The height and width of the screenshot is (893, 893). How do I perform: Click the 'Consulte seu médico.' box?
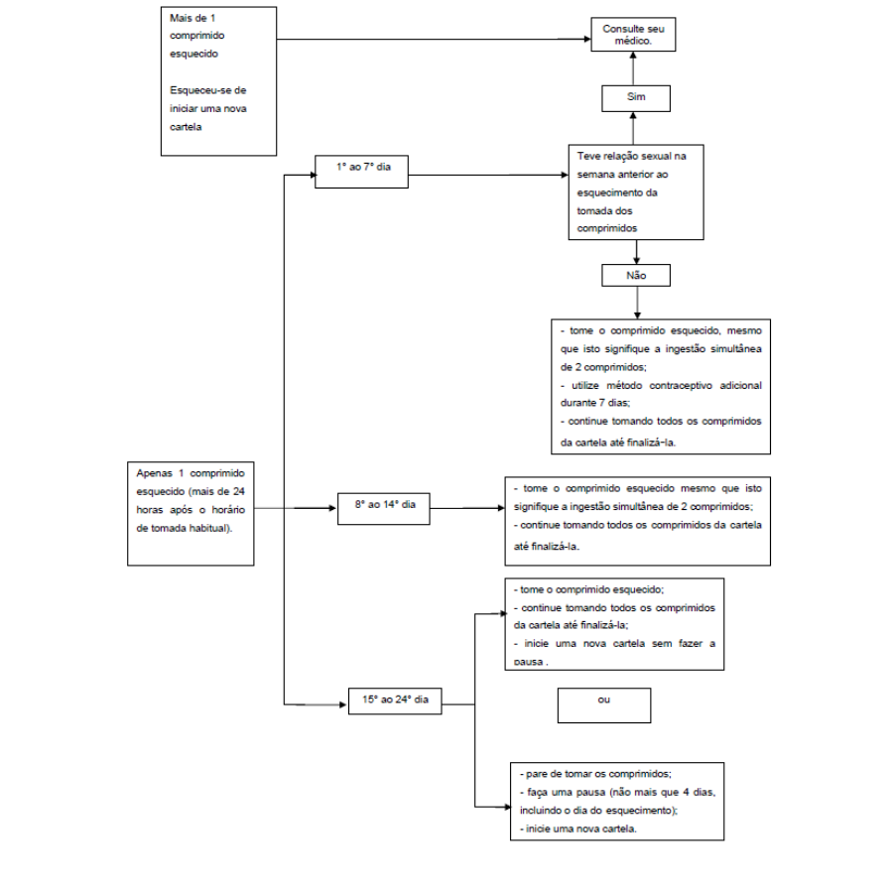pyautogui.click(x=633, y=34)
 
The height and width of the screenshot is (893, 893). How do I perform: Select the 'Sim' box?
pyautogui.click(x=636, y=98)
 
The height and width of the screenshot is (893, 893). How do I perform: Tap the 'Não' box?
pyautogui.click(x=636, y=275)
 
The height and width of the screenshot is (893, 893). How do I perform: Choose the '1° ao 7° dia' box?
pyautogui.click(x=361, y=172)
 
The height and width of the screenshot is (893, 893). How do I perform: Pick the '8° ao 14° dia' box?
pyautogui.click(x=384, y=509)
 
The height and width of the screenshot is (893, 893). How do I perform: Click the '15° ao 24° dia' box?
pyautogui.click(x=395, y=702)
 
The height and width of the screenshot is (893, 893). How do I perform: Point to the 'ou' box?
pyautogui.click(x=604, y=705)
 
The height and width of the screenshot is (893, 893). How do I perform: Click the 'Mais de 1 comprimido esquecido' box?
pyautogui.click(x=218, y=81)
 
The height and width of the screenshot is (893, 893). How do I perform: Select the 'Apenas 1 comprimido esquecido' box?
pyautogui.click(x=191, y=514)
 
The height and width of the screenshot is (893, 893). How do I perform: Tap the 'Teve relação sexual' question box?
pyautogui.click(x=636, y=191)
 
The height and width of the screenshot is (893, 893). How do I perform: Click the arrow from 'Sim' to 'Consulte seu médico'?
pyautogui.click(x=633, y=68)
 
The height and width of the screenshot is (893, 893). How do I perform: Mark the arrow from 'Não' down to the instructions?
pyautogui.click(x=637, y=303)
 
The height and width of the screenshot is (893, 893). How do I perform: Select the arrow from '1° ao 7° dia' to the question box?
pyautogui.click(x=488, y=175)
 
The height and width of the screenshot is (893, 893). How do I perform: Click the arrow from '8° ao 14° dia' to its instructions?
pyautogui.click(x=467, y=508)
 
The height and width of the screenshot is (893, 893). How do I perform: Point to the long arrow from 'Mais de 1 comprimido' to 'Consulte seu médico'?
pyautogui.click(x=434, y=40)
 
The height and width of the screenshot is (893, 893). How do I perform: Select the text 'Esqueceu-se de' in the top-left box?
pyautogui.click(x=208, y=90)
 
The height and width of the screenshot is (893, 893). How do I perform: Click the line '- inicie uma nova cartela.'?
pyautogui.click(x=578, y=829)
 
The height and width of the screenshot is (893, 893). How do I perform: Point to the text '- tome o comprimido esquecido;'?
pyautogui.click(x=588, y=589)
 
